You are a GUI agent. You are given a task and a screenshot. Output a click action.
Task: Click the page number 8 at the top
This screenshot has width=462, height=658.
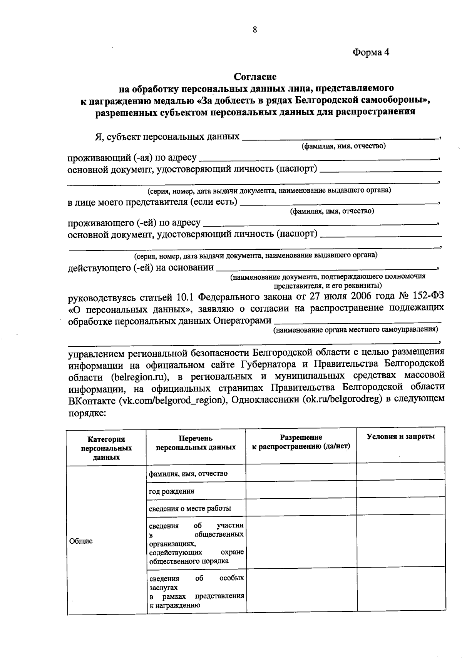[254, 30]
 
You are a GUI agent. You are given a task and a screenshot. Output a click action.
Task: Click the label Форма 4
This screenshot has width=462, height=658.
[371, 52]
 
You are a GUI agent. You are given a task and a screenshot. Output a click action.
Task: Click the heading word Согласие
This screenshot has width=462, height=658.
[255, 77]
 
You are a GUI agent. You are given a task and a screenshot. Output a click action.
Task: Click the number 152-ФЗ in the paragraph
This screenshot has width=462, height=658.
[426, 297]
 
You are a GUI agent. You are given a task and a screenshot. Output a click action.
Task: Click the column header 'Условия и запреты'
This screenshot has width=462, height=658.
[400, 436]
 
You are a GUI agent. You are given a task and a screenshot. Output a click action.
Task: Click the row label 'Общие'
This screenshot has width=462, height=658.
[81, 541]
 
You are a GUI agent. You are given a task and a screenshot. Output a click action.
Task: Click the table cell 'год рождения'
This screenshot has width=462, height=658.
[172, 491]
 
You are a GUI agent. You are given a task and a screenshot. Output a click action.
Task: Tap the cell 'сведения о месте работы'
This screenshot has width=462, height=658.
[190, 508]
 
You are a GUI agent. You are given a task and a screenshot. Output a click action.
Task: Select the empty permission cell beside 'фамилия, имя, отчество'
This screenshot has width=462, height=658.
[301, 473]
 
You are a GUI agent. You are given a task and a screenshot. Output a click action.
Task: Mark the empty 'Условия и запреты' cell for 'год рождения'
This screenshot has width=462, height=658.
[400, 490]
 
